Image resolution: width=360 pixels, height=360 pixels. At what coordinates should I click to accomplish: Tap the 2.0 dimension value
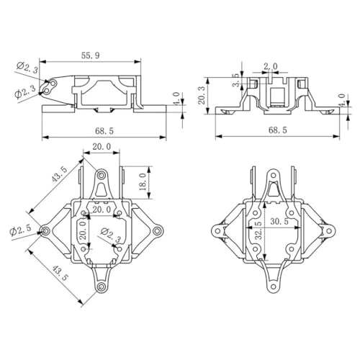click(270, 66)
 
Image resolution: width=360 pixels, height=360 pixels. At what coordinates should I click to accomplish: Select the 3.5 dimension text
click(236, 80)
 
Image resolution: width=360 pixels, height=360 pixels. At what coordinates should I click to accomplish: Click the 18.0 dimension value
click(142, 180)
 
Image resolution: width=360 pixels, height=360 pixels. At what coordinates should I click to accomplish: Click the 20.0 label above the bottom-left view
click(101, 146)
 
